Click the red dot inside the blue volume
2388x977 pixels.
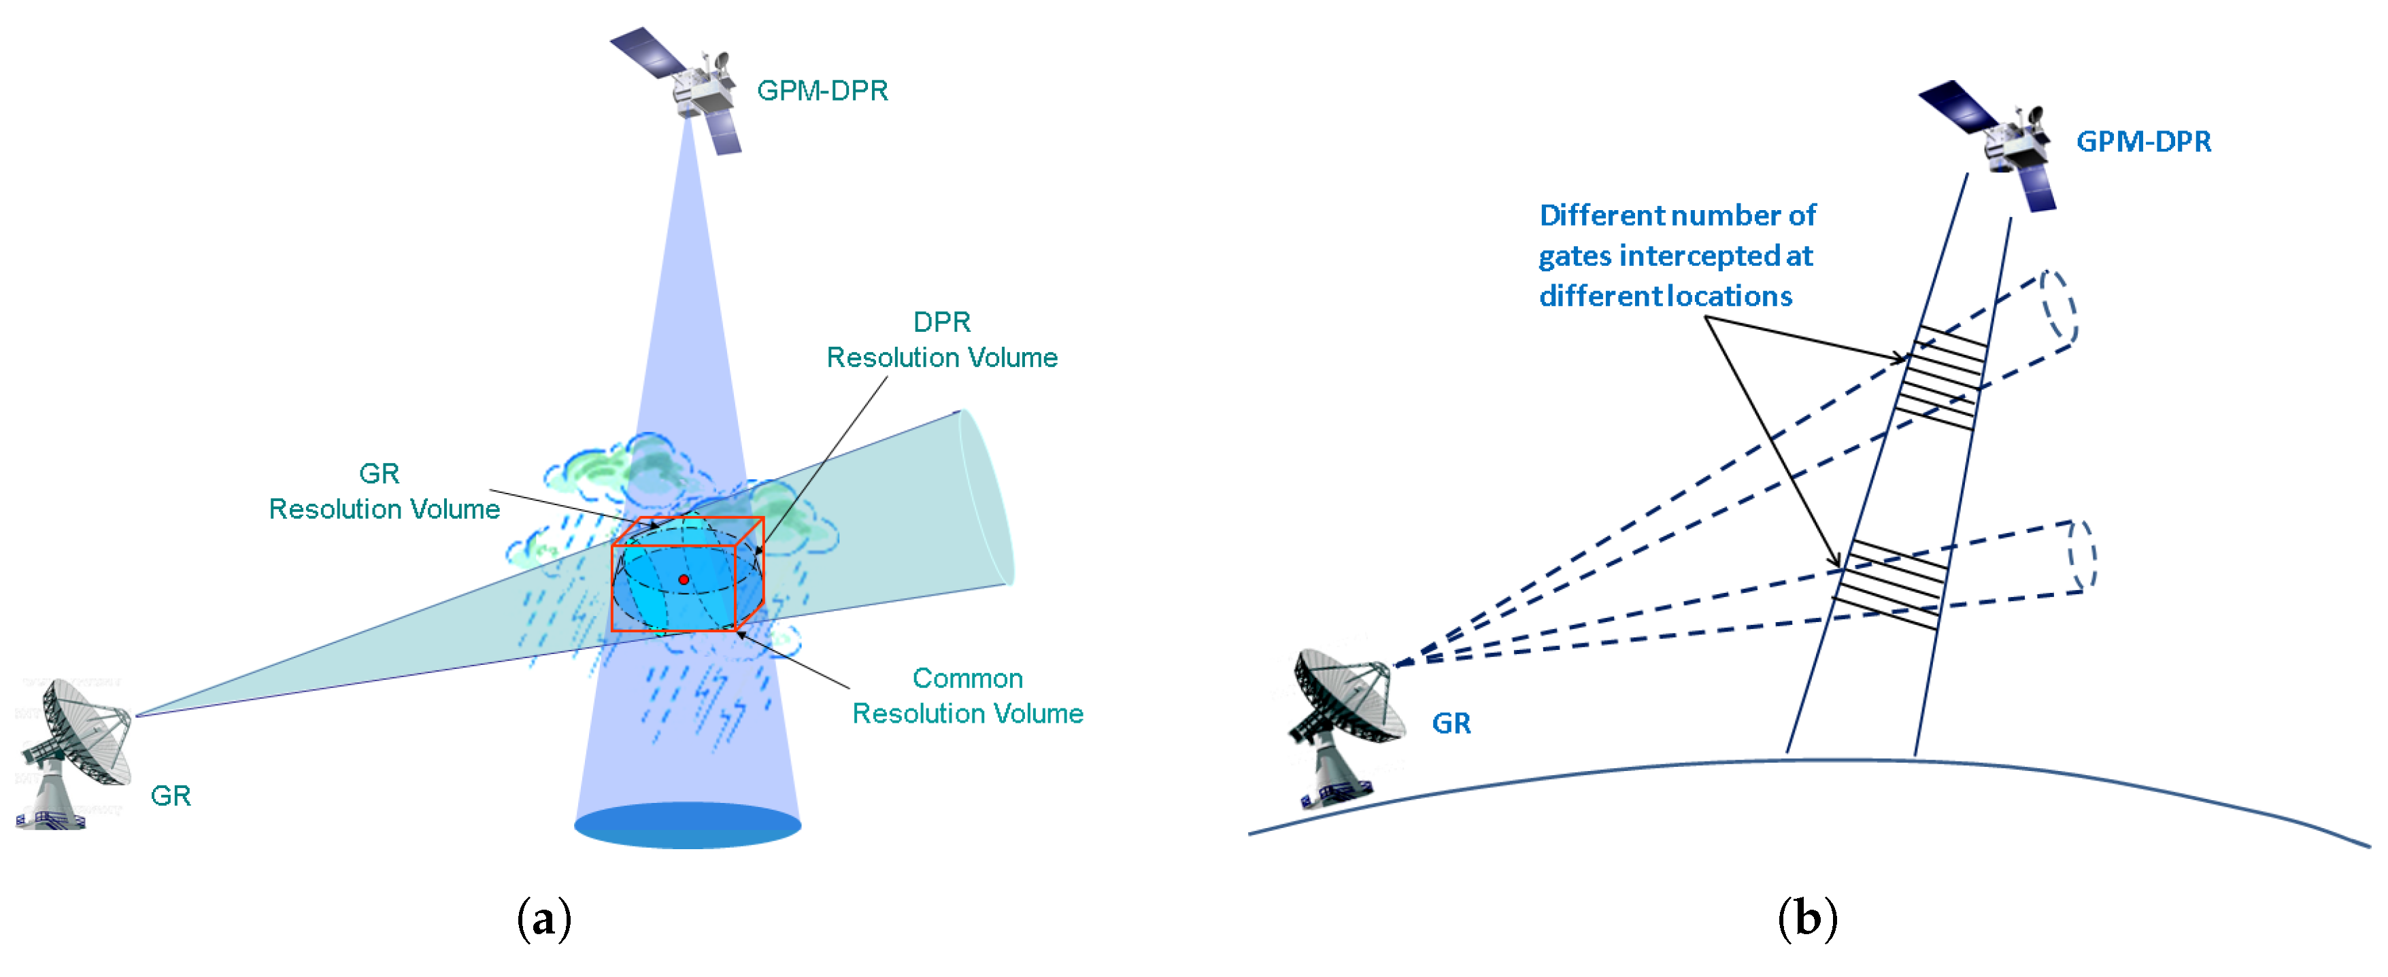coord(684,579)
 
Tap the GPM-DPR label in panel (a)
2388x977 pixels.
coord(822,91)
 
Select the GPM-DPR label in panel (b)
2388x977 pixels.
coord(2143,142)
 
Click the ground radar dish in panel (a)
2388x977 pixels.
coord(74,751)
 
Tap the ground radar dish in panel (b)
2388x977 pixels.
coord(1344,723)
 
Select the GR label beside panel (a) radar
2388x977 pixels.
coord(171,796)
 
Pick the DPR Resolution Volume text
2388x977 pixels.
coord(942,340)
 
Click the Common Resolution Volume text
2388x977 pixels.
coord(967,696)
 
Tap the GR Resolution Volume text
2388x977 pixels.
coord(384,492)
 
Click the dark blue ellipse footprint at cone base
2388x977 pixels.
coord(687,825)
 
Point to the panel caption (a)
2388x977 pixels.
coord(543,919)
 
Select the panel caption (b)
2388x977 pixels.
coord(1806,919)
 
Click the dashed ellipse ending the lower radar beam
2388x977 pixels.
coord(2082,556)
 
